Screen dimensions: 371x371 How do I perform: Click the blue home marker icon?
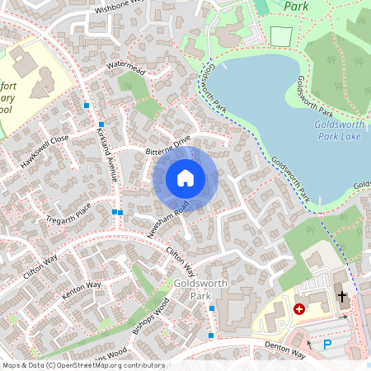pos(185,178)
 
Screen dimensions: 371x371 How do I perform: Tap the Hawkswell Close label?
pos(45,152)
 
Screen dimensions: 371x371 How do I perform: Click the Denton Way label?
pos(284,349)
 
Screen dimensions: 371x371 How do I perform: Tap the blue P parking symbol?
pos(327,344)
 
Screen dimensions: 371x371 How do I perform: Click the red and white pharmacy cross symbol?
pos(298,308)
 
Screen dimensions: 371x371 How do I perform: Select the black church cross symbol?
pos(341,295)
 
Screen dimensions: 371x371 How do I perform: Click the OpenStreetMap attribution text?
pos(83,365)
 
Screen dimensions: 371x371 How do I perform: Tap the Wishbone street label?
pos(120,7)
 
